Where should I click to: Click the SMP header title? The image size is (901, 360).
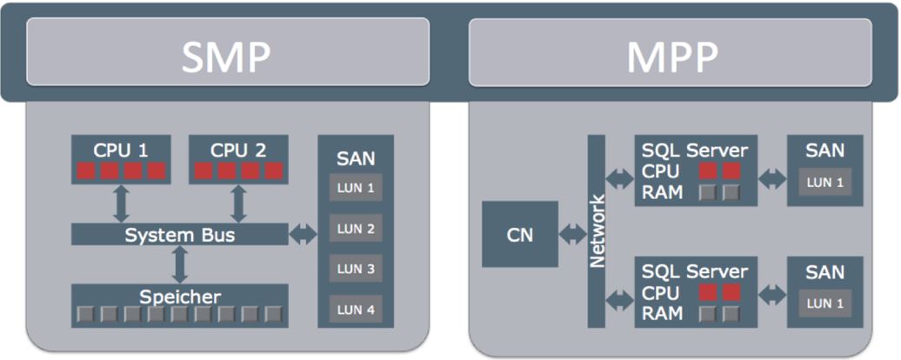coord(227,57)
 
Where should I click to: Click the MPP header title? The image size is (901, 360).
coord(671,57)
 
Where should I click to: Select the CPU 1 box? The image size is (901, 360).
coord(120,159)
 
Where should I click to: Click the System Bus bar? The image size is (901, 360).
coord(179,235)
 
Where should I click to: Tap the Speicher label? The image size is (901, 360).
coord(179,296)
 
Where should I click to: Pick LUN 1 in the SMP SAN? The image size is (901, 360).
coord(356,187)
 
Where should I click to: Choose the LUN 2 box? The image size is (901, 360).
coord(356,229)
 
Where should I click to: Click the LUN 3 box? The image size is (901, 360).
coord(356,269)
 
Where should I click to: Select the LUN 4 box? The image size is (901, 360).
coord(356,309)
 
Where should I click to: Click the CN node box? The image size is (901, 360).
coord(520,234)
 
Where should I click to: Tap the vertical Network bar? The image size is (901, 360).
coord(597,231)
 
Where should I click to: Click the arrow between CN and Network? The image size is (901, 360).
coord(573,234)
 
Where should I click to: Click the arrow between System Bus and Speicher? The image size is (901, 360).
coord(180,264)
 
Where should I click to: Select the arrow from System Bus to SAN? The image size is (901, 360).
coord(303,234)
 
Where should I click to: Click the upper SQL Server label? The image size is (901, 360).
coord(695,150)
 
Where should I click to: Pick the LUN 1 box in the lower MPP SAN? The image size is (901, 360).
coord(824,303)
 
